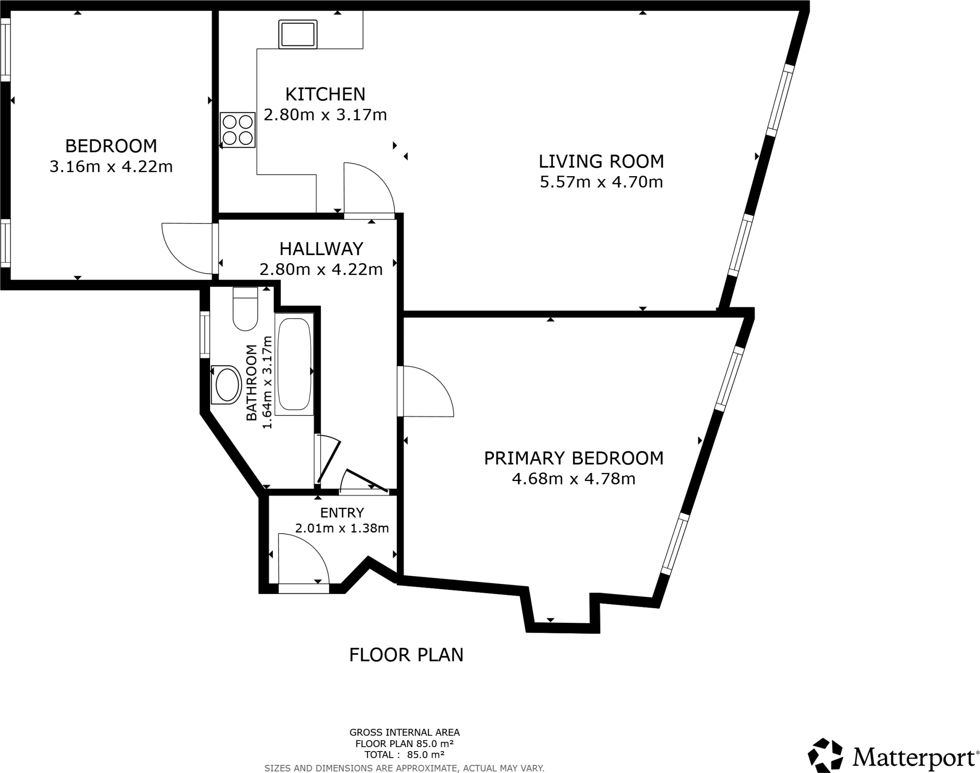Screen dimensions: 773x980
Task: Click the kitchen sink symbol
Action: click(298, 34)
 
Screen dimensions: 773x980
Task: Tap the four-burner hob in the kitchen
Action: click(237, 130)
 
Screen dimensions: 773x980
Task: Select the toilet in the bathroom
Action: click(245, 309)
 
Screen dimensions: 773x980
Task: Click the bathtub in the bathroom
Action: click(294, 364)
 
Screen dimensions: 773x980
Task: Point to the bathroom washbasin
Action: click(226, 384)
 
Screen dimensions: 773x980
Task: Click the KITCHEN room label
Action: click(325, 94)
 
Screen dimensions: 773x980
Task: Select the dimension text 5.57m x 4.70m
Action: click(601, 182)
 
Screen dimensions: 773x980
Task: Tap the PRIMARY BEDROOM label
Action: click(573, 458)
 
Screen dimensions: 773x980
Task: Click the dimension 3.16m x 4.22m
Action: click(111, 167)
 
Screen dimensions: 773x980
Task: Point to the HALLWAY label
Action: click(321, 249)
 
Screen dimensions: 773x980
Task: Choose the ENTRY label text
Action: click(342, 513)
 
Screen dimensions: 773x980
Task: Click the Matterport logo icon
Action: click(825, 755)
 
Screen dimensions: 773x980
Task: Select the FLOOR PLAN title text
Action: click(406, 655)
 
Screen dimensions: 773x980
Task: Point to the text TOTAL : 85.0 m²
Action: click(404, 754)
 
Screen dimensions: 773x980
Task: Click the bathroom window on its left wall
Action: click(205, 334)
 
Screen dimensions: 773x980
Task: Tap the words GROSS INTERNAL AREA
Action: click(404, 732)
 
